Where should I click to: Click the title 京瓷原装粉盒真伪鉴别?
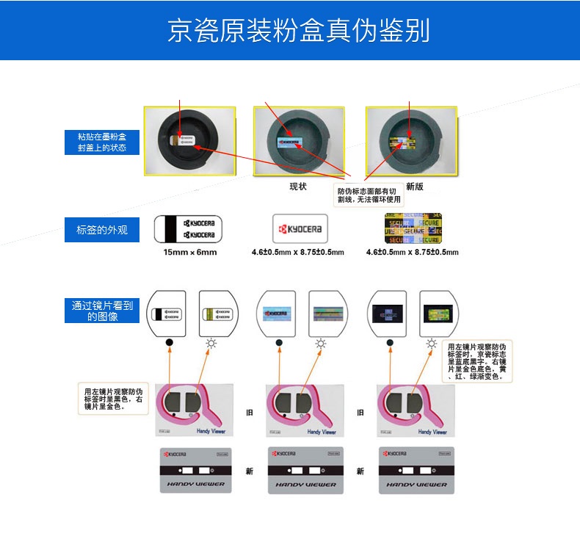point(297,31)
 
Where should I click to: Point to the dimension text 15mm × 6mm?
point(189,253)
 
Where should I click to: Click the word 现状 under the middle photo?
point(298,186)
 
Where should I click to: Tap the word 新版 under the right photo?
point(415,186)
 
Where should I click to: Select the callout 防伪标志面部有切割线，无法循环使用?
point(370,195)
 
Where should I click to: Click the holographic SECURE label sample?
point(413,228)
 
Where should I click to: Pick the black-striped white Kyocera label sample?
point(189,228)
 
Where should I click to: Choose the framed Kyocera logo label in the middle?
point(300,229)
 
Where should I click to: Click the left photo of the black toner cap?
point(189,141)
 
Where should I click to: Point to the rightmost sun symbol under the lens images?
point(432,344)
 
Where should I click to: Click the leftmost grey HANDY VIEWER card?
point(195,470)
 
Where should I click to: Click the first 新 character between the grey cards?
point(250,471)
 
